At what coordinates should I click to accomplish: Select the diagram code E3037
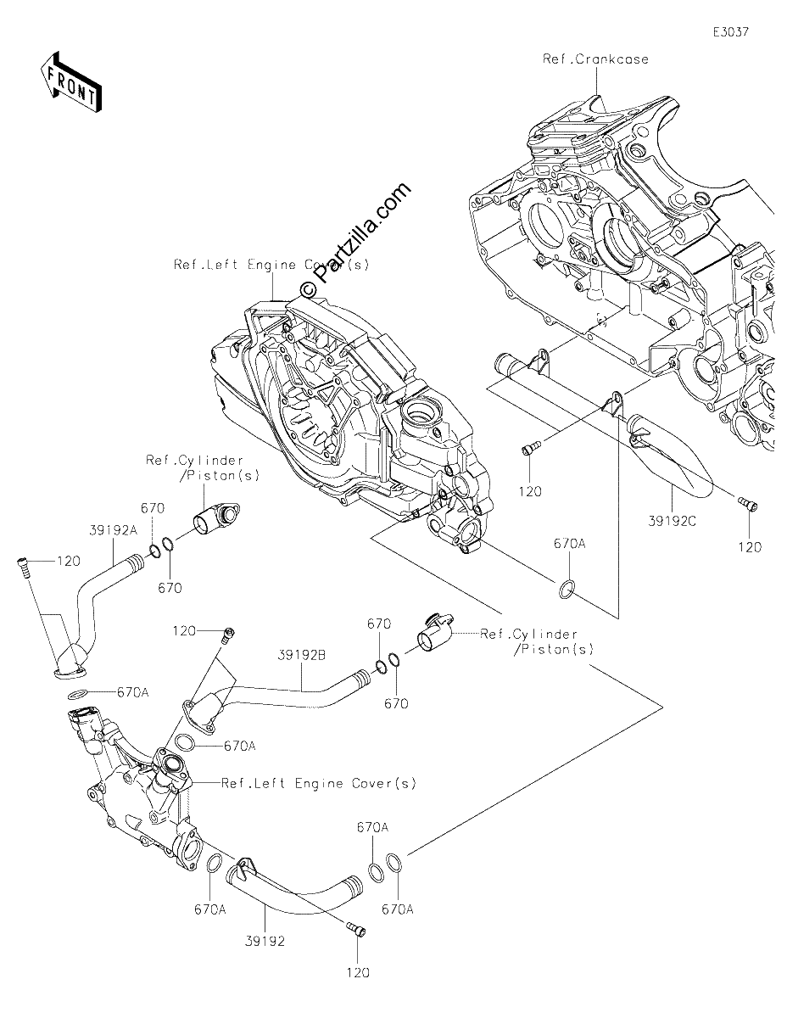[731, 32]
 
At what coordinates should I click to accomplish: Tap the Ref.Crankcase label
[595, 59]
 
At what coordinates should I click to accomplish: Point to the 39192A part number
[114, 530]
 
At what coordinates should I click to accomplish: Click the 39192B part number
[302, 656]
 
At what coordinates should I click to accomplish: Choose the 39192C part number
[672, 521]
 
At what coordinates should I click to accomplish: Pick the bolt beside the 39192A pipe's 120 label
[22, 568]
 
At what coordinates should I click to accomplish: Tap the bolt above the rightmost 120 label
[748, 504]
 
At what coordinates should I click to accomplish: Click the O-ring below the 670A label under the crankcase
[566, 589]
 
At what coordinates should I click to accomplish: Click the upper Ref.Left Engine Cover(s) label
[271, 265]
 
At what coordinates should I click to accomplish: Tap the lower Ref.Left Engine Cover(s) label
[318, 783]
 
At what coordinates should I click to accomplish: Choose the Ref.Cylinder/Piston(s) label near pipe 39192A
[203, 467]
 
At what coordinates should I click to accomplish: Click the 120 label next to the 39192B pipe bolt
[184, 631]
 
